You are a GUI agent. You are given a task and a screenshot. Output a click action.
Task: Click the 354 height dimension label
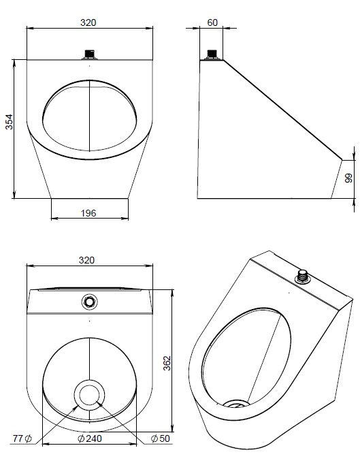(10, 122)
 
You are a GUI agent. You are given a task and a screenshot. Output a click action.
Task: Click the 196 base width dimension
(88, 213)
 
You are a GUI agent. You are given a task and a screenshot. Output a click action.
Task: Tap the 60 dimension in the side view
(212, 22)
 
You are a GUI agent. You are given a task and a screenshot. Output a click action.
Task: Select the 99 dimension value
(349, 178)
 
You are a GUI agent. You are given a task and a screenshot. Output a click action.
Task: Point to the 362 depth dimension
(167, 363)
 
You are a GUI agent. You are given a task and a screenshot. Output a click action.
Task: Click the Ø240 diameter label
(90, 438)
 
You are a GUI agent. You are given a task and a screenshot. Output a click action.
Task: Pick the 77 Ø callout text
(22, 438)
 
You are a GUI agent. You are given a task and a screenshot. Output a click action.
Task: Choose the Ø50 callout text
(161, 438)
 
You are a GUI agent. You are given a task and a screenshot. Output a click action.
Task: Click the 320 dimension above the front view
(88, 22)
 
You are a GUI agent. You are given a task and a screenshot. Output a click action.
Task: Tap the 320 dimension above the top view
(86, 260)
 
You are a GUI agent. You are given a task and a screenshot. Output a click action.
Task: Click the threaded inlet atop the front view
(90, 55)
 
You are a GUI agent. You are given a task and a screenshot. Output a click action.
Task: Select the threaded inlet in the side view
(212, 55)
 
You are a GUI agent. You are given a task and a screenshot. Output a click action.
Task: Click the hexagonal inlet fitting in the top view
(89, 302)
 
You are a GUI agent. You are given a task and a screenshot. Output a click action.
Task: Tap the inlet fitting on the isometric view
(302, 276)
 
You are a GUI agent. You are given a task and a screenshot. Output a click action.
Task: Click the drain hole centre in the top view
(89, 395)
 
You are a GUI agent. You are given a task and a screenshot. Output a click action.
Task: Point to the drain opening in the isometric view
(236, 404)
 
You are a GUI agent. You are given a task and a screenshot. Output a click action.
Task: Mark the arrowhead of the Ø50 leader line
(98, 403)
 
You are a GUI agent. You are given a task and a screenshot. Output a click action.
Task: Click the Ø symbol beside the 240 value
(81, 438)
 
